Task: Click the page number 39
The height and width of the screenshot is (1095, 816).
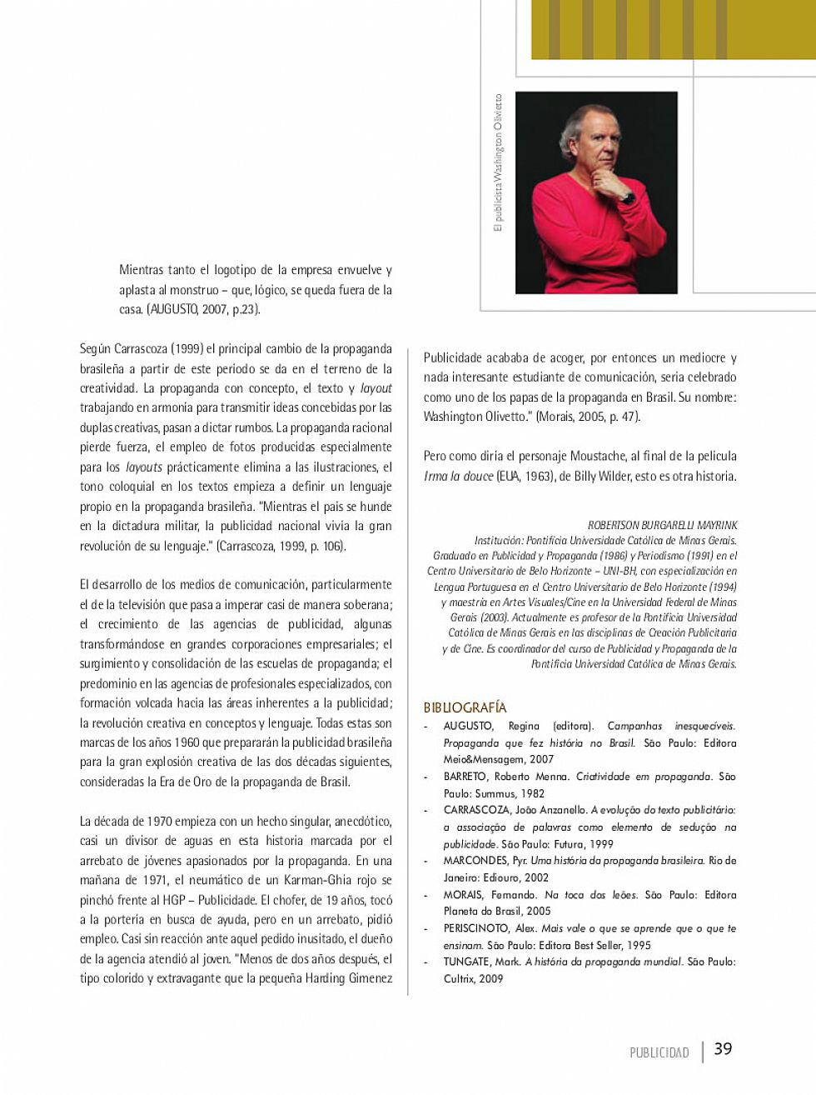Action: coord(723,1048)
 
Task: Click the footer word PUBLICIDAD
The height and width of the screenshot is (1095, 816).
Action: coord(659,1052)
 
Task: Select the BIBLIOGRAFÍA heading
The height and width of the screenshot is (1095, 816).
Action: coord(465,707)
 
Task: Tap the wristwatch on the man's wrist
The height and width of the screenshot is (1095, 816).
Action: coord(627,197)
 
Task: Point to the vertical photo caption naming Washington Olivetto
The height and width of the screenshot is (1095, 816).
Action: coord(499,162)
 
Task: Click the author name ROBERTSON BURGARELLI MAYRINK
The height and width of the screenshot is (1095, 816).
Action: coord(662,525)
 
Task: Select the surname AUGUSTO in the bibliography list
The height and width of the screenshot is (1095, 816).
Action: coord(468,726)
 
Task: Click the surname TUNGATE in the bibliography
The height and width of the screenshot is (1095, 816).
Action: coord(466,962)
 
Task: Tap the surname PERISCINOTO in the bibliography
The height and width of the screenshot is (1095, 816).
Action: coord(476,928)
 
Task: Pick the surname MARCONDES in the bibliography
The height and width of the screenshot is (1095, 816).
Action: coord(475,860)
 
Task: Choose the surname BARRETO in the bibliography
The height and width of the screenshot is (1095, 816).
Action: coord(465,777)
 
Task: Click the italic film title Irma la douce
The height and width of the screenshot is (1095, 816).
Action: coord(458,477)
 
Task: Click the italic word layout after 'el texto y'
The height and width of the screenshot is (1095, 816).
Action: coord(376,388)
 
